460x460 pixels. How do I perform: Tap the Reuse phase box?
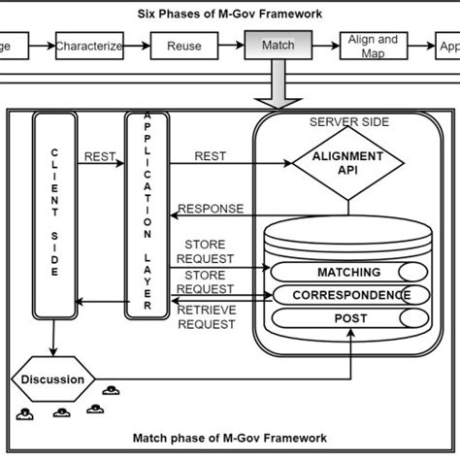184,46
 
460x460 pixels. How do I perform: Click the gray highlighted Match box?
279,46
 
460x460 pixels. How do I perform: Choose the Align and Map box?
373,46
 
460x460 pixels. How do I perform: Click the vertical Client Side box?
54,215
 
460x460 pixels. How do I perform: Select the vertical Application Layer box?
148,215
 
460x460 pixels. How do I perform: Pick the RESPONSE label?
212,207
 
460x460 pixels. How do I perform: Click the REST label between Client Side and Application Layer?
101,155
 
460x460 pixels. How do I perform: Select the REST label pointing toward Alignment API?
211,155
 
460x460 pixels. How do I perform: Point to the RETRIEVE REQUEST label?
205,317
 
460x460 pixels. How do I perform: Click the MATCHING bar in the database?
348,273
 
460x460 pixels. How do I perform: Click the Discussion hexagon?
52,379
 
